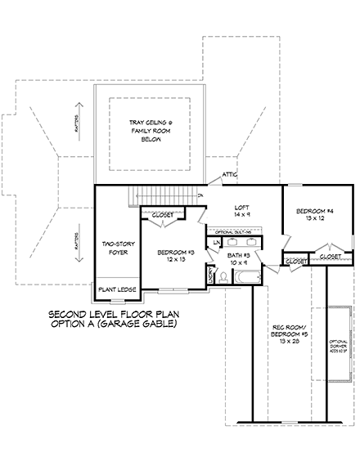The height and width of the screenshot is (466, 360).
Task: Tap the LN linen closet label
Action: click(216, 244)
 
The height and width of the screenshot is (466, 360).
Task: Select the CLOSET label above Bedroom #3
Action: click(163, 215)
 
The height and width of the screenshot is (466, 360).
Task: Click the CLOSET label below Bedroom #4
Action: click(330, 257)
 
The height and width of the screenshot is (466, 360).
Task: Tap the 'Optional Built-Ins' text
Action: click(234, 231)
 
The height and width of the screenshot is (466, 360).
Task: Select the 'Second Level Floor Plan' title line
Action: click(114, 314)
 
